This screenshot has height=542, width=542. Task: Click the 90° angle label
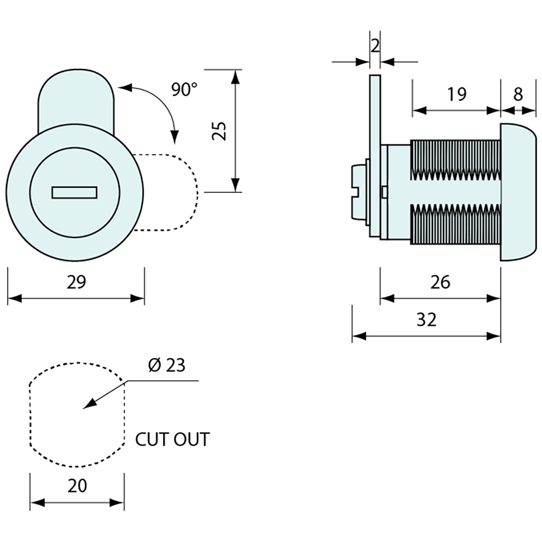(x=184, y=90)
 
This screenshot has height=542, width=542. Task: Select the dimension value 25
(x=220, y=131)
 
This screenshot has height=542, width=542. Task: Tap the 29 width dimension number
(x=76, y=282)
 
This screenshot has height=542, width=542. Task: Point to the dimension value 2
(x=374, y=46)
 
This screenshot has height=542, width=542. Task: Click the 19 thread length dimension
(x=457, y=94)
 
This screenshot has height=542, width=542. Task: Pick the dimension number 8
(x=518, y=94)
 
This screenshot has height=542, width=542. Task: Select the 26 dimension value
(x=440, y=282)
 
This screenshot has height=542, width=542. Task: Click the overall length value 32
(x=426, y=320)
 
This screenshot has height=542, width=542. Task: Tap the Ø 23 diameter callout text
(x=166, y=365)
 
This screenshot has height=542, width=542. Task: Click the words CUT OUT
(x=172, y=439)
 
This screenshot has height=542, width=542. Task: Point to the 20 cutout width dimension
(x=77, y=486)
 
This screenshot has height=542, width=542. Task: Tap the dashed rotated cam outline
(x=172, y=192)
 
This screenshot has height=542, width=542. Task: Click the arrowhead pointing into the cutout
(x=89, y=405)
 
